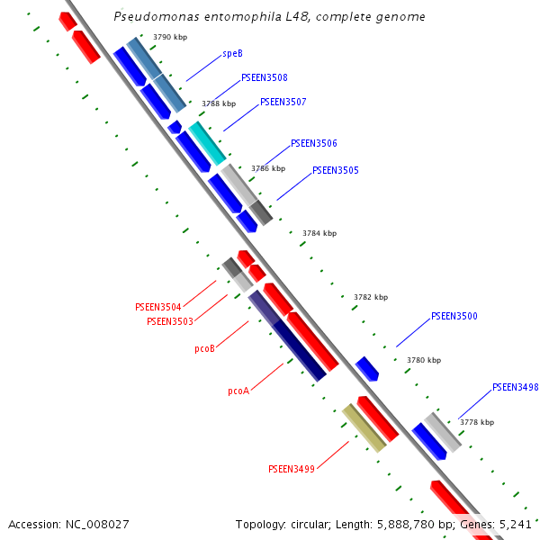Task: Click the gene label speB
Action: [232, 54]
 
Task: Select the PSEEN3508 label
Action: [265, 78]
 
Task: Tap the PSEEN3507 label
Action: [283, 103]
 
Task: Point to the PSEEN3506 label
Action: [314, 144]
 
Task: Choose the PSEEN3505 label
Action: [336, 170]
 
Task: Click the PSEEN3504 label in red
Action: [157, 307]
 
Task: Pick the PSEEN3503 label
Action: [169, 321]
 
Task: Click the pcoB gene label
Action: [204, 348]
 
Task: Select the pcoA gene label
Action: [238, 391]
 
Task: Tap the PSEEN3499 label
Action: [292, 469]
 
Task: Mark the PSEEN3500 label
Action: [454, 316]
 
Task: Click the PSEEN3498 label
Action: [515, 388]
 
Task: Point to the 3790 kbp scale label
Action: [170, 37]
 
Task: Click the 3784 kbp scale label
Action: [319, 233]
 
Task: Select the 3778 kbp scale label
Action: [477, 422]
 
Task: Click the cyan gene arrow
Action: [206, 142]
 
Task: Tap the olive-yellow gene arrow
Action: [364, 427]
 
